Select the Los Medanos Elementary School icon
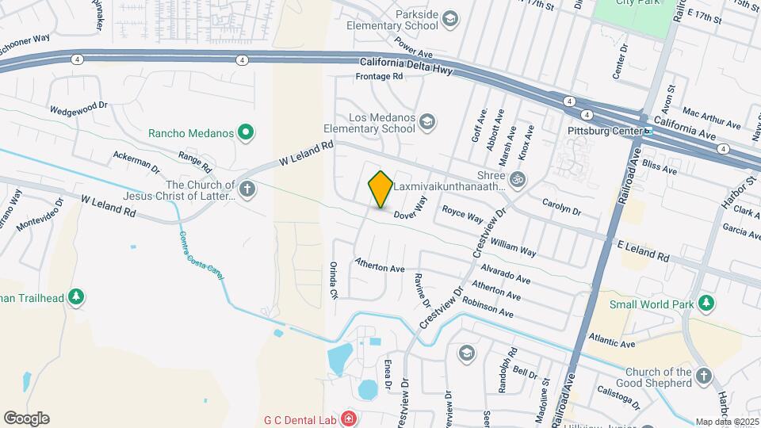pos(427,121)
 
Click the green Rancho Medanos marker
pos(247,132)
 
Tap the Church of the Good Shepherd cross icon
pos(704,378)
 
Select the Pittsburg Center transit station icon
pos(648,131)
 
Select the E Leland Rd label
pos(644,252)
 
